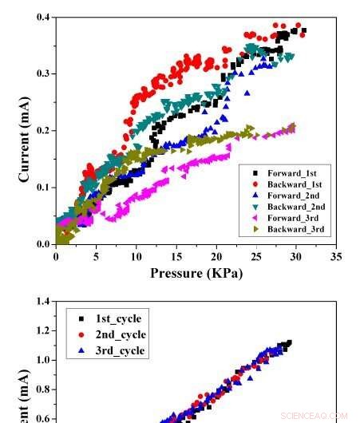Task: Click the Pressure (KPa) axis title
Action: pyautogui.click(x=196, y=274)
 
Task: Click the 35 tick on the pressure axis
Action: pyautogui.click(x=336, y=258)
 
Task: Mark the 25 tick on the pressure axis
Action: pyautogui.click(x=256, y=258)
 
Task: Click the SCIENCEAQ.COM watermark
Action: pyautogui.click(x=315, y=416)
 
